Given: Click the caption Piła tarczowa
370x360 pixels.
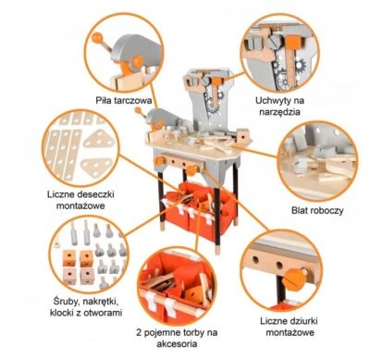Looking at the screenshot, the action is [x=124, y=101].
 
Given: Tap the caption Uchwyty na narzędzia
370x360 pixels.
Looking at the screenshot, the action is [x=279, y=106].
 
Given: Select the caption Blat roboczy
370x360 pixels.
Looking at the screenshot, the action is [x=317, y=211].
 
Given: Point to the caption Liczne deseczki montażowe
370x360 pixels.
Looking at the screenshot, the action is [x=80, y=200].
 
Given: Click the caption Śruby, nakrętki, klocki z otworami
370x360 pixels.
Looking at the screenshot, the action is [x=86, y=307].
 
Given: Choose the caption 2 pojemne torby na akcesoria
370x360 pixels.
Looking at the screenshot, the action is [x=177, y=338].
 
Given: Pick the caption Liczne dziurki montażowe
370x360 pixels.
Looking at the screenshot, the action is [x=289, y=327].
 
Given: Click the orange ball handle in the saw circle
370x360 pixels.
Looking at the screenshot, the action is [x=97, y=38].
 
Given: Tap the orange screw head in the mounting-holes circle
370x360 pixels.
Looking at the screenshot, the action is [x=294, y=278].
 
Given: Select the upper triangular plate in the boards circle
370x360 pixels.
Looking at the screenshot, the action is [x=99, y=139].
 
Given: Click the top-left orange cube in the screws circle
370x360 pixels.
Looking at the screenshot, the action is [x=69, y=258].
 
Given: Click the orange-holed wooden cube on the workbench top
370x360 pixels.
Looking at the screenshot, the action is [x=243, y=136].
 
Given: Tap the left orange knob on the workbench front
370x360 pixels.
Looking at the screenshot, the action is [x=160, y=161].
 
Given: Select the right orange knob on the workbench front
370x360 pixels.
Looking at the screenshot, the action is [x=191, y=170].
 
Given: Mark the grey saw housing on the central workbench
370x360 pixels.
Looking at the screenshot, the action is [x=162, y=118].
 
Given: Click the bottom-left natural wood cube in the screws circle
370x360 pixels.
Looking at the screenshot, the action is [x=69, y=276].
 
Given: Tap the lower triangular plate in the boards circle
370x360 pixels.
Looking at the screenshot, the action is [x=96, y=167].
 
